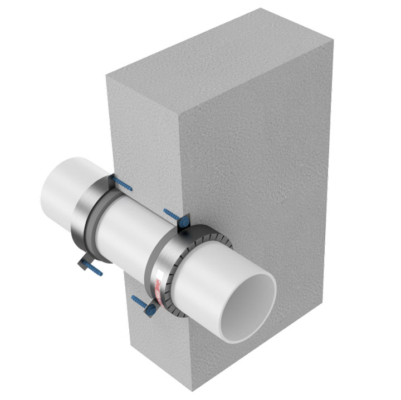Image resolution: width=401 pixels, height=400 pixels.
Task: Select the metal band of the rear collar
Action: point(84,217)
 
